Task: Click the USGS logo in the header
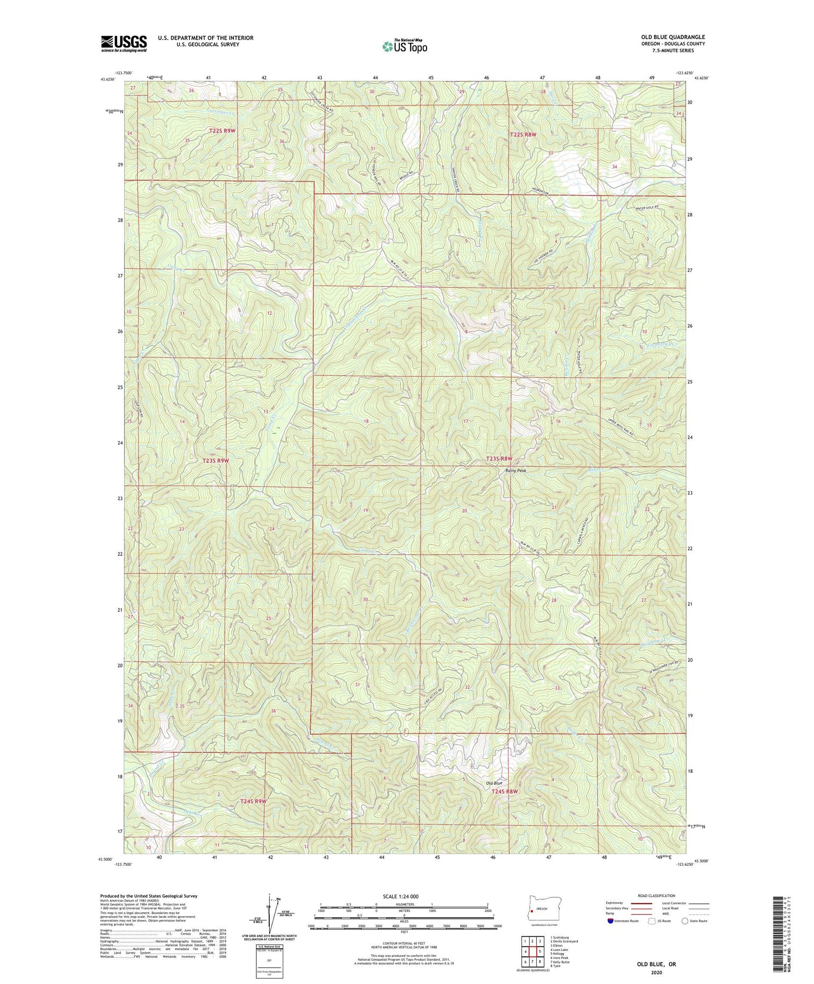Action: [x=124, y=43]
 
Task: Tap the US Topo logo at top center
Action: [x=404, y=46]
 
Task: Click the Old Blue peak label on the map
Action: [x=494, y=783]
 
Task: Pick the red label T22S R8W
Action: [x=523, y=134]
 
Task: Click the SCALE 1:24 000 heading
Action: [x=404, y=896]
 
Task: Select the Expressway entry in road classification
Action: [x=618, y=903]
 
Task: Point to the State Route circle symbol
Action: [x=685, y=921]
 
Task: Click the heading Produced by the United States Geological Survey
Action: [x=148, y=896]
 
